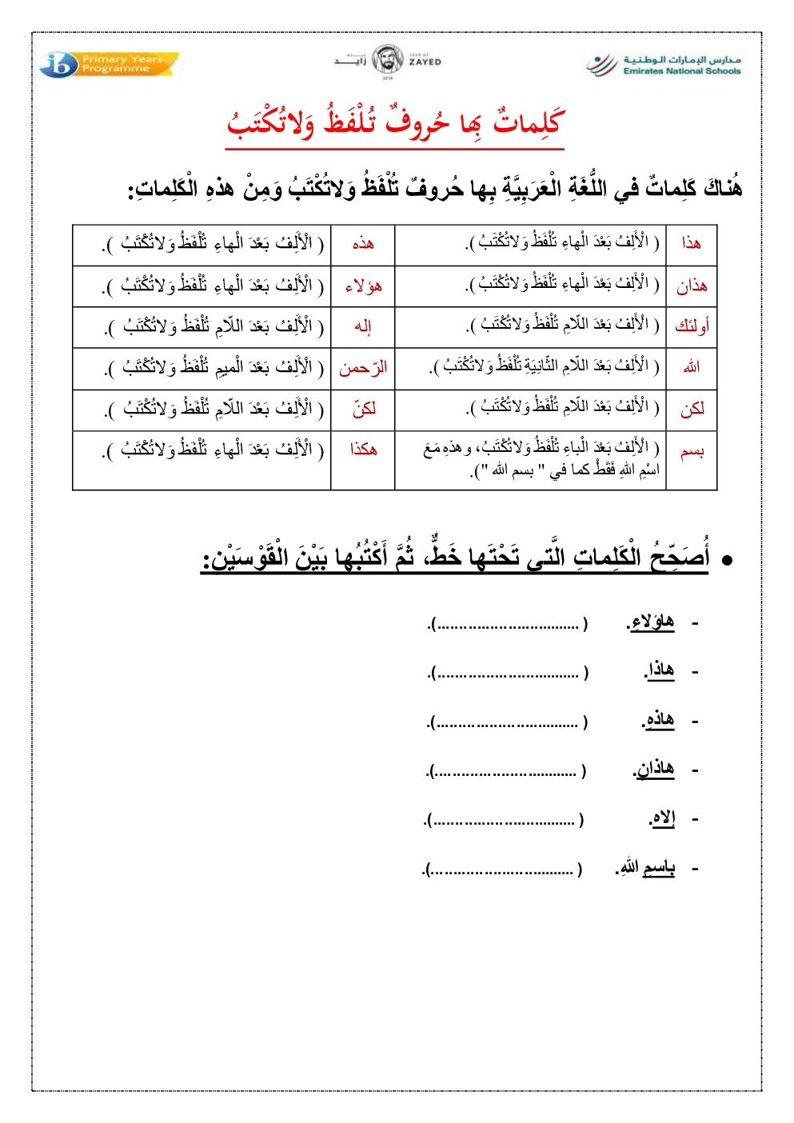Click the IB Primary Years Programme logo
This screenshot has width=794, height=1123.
click(x=109, y=64)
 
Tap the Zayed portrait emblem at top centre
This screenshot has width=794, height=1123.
click(x=388, y=61)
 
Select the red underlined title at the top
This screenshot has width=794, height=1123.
click(x=396, y=122)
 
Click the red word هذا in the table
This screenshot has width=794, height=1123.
click(x=692, y=243)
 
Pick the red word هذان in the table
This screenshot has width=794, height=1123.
click(x=692, y=286)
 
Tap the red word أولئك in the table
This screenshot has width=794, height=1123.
click(x=692, y=326)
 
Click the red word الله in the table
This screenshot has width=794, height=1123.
click(x=692, y=367)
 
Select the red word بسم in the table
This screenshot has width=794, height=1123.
click(x=692, y=453)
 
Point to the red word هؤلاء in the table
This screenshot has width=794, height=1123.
click(x=363, y=286)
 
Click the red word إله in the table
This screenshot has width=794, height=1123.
click(x=363, y=326)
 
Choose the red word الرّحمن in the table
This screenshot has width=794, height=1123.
click(x=363, y=368)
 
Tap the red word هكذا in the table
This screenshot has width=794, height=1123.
click(x=363, y=450)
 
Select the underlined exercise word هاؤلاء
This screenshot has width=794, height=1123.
click(x=652, y=622)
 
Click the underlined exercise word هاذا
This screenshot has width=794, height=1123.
click(x=660, y=670)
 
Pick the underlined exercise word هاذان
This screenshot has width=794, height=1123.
click(x=655, y=769)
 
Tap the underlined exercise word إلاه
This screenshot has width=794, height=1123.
click(x=663, y=818)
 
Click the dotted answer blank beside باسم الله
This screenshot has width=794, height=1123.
click(x=504, y=869)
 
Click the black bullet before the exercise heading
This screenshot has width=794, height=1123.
click(x=727, y=561)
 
